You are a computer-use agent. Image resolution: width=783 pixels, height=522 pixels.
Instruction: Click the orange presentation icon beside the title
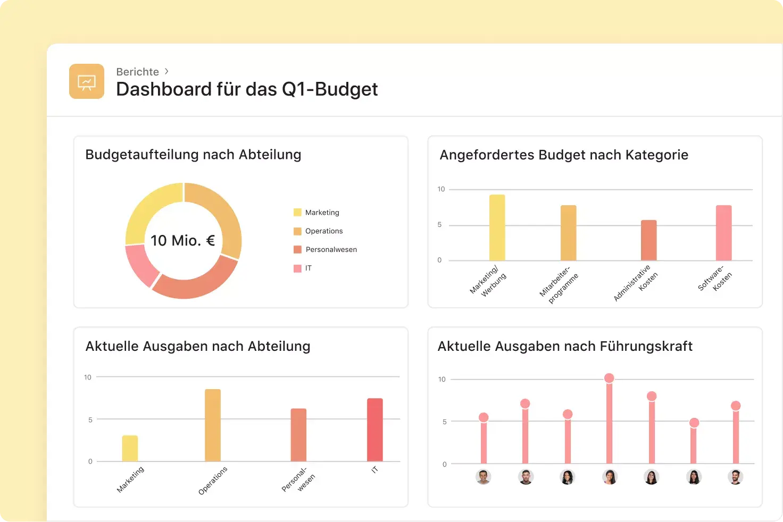87,81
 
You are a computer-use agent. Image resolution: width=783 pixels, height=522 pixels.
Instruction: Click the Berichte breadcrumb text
137,72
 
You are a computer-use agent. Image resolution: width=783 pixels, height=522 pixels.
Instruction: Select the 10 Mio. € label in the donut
182,241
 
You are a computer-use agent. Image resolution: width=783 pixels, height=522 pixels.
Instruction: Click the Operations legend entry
323,231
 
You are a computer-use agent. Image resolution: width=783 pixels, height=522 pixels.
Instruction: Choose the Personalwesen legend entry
330,250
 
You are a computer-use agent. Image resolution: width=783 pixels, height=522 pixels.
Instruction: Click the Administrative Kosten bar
648,240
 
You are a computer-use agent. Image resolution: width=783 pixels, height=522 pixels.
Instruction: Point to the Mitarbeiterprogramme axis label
559,285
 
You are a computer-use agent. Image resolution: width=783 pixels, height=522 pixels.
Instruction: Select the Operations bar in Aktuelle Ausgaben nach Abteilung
213,425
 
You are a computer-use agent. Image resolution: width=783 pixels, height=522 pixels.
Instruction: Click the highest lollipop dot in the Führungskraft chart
609,378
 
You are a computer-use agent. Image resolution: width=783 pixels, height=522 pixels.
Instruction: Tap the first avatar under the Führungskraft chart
483,477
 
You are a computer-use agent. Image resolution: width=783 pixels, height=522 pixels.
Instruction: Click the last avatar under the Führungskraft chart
735,477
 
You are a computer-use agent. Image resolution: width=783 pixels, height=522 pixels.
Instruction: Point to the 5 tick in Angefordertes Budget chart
439,225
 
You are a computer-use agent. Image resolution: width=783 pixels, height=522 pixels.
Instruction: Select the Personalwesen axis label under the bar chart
298,479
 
